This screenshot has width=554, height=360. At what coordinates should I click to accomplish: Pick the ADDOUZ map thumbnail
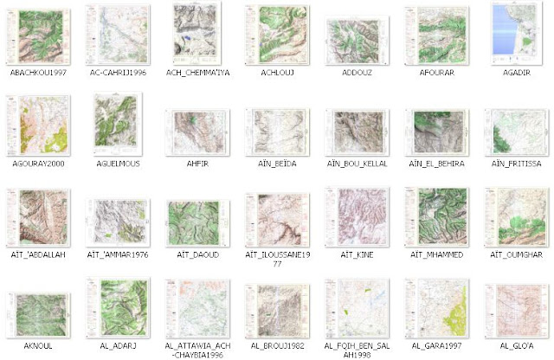tap(357, 39)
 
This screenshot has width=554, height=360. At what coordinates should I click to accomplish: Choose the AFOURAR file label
tap(435, 74)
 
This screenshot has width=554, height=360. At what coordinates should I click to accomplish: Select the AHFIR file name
tap(198, 164)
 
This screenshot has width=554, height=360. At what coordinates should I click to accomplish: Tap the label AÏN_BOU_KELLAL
tap(357, 164)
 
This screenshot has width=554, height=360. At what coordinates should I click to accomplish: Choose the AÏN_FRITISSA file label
tap(515, 164)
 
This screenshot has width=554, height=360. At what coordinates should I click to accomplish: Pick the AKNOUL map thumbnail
tap(35, 312)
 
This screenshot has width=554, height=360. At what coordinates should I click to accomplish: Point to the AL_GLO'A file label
tap(515, 344)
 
